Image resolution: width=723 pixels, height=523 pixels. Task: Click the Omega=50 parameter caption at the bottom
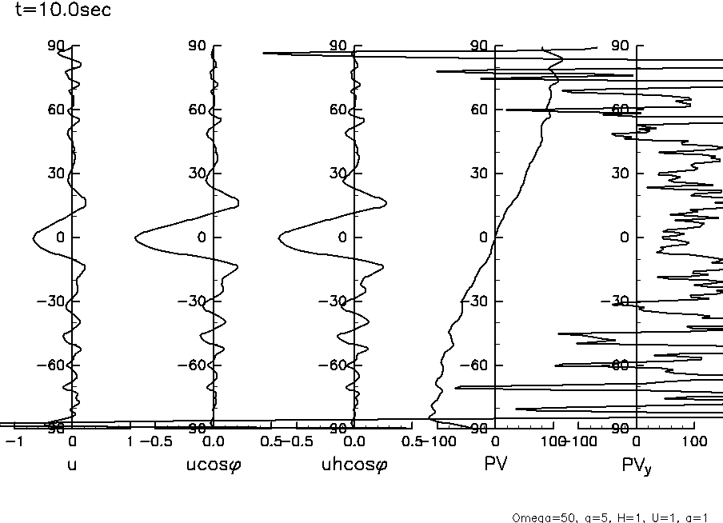(611, 517)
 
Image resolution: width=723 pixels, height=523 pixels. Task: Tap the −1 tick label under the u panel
(14, 442)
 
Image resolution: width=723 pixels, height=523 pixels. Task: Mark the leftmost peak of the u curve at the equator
(34, 238)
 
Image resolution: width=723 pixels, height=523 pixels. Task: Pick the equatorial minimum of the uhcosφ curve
(279, 238)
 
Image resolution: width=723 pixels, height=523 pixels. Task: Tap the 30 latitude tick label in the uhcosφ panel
(338, 174)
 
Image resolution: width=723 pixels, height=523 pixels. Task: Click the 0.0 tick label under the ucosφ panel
(214, 442)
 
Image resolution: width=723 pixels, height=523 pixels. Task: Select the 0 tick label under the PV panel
(496, 442)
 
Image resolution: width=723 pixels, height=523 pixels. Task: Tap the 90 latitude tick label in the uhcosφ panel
(338, 46)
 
